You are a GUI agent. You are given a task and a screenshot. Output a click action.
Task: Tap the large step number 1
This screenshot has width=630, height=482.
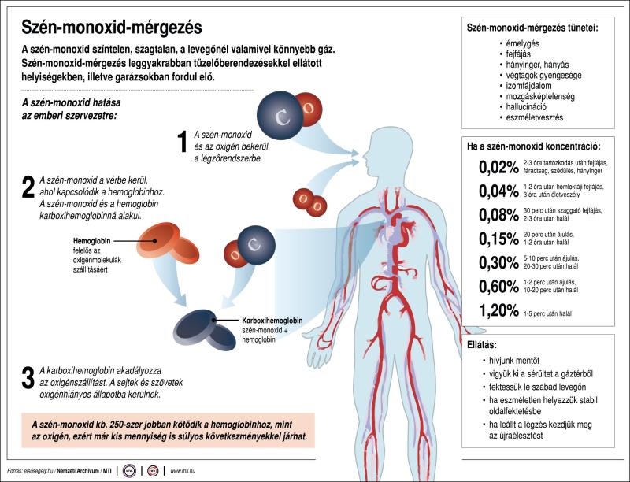click(182, 142)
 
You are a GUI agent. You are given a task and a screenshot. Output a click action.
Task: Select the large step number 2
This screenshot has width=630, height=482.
click(28, 187)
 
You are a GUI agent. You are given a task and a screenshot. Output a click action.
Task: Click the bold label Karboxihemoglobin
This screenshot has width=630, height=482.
click(280, 321)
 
